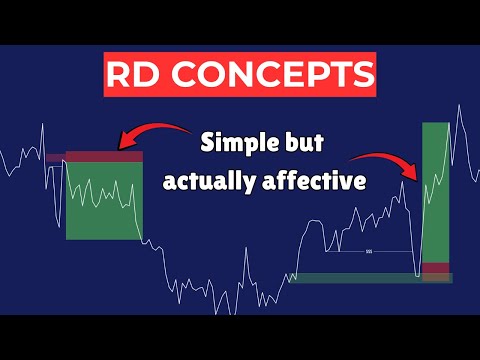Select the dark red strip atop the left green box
coord(104,157)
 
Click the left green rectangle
coord(104,200)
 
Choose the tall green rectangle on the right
coord(436,190)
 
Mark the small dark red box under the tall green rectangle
coord(436,268)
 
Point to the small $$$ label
coord(369,249)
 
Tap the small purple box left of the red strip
coord(55,158)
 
